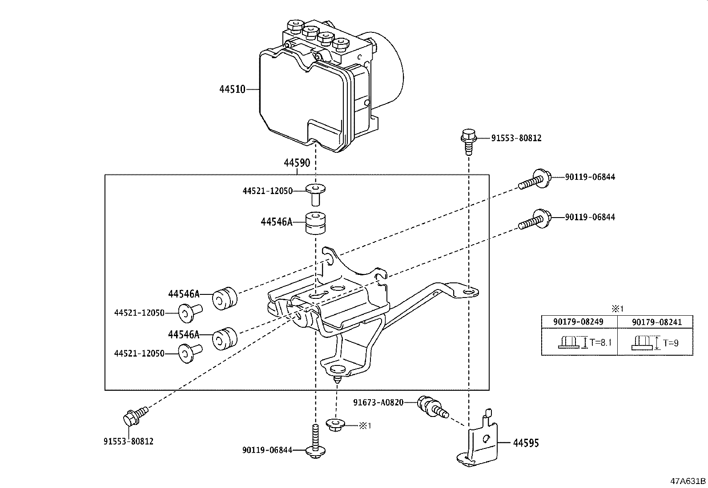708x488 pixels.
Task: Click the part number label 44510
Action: coord(232,89)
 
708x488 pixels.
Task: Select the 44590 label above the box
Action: coord(297,163)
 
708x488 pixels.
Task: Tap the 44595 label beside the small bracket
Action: coord(526,443)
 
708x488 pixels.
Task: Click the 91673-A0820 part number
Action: coord(378,402)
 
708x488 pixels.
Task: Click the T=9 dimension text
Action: coord(671,343)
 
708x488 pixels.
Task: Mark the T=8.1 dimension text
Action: coord(600,342)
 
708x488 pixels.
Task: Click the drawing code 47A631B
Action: coord(688,481)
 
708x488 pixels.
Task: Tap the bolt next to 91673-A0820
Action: coord(432,407)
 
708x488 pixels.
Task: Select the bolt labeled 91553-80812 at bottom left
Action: coord(135,416)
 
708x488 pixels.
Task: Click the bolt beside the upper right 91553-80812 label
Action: coord(469,142)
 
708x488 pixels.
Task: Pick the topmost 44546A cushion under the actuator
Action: coord(315,223)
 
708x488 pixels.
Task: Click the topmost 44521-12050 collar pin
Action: coord(315,194)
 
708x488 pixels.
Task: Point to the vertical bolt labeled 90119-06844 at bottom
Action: coord(315,441)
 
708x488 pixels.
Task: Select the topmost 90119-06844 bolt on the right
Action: coord(535,179)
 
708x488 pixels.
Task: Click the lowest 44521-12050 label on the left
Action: coord(139,353)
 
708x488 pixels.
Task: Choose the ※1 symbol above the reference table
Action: coord(617,309)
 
